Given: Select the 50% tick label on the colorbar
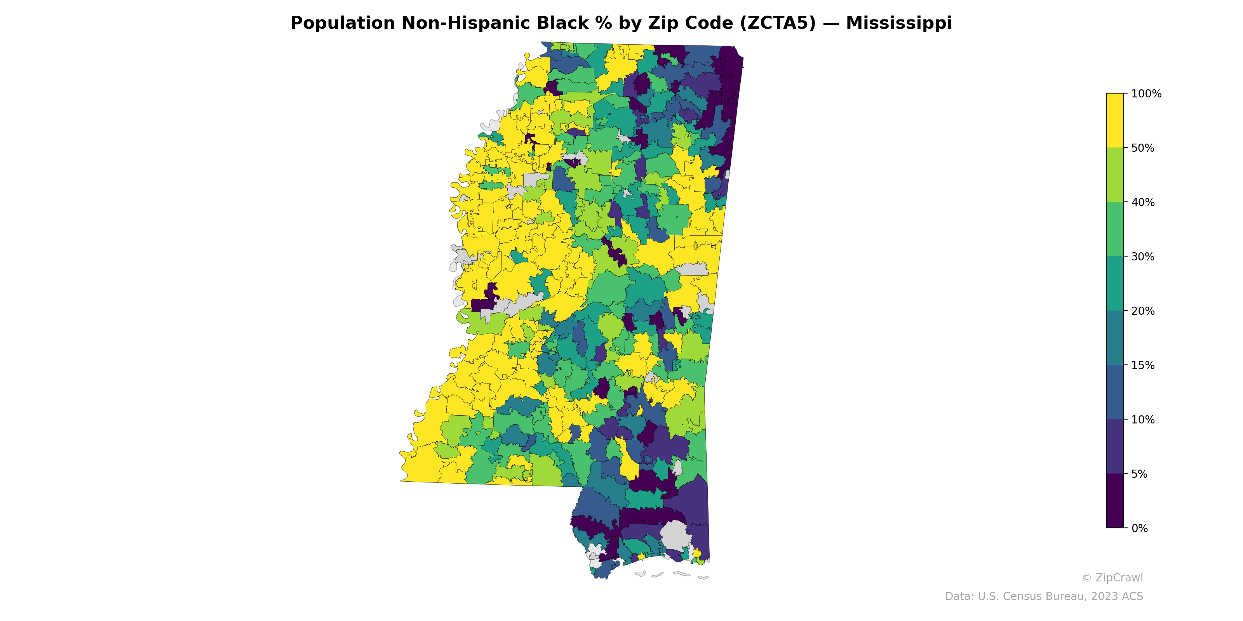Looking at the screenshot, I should [1143, 148].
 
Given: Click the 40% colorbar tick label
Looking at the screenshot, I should [1143, 203].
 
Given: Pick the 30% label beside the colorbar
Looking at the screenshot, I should [1143, 257].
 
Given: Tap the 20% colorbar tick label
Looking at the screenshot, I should [1143, 311].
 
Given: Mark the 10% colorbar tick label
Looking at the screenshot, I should [1143, 420].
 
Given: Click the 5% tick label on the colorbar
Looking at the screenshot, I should [1139, 474].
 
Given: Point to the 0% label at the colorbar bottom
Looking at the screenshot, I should [1139, 528].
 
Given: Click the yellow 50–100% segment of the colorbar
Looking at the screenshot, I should [1115, 121].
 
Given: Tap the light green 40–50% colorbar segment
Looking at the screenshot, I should [1115, 175].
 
